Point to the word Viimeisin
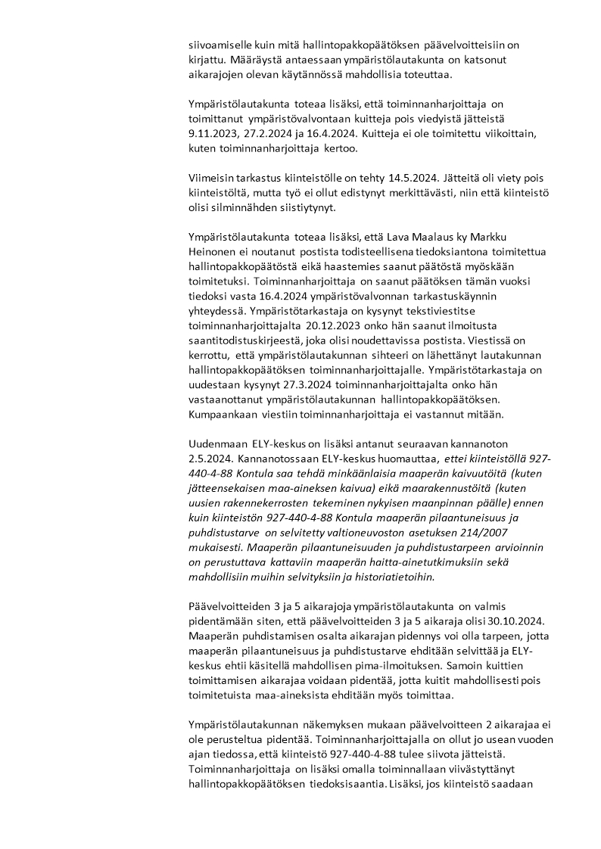tap(213, 178)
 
